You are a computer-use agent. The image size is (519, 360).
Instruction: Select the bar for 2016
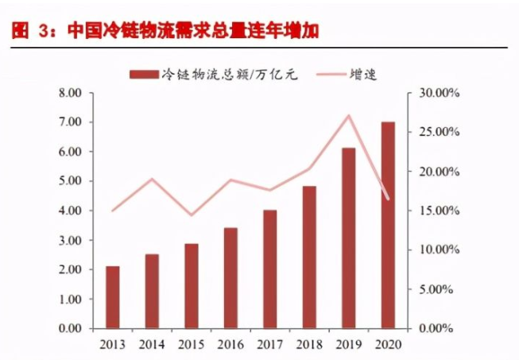pos(230,278)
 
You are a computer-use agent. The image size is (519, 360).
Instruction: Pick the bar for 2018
pos(309,257)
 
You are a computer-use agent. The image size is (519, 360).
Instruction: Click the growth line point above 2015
pos(192,215)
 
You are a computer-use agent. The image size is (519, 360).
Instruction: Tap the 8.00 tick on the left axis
pos(71,93)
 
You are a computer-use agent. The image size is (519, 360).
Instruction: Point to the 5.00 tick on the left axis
pos(71,181)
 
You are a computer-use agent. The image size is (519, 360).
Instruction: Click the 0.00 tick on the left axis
pos(71,328)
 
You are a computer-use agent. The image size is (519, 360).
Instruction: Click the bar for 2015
pos(192,286)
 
